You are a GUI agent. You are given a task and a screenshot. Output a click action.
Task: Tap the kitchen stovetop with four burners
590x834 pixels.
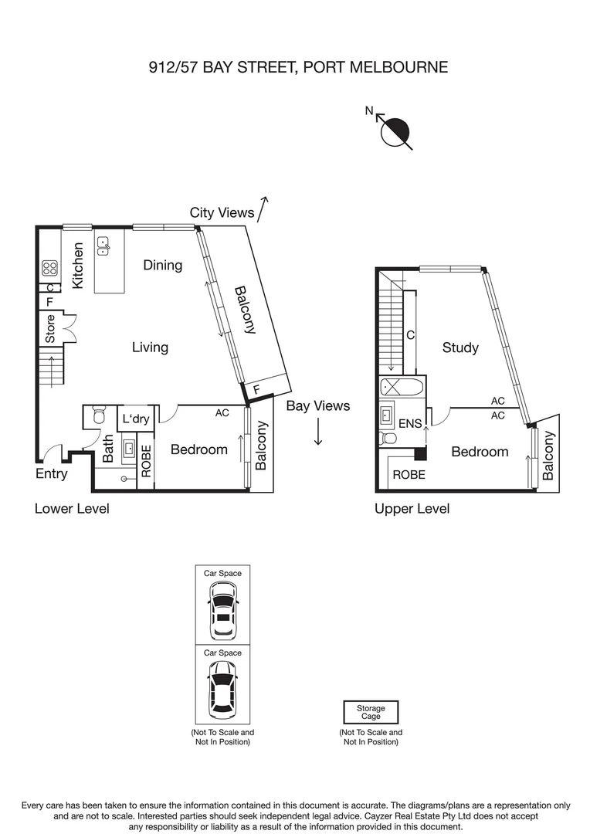(x=49, y=268)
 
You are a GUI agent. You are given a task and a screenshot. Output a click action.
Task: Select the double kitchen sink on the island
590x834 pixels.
(x=103, y=246)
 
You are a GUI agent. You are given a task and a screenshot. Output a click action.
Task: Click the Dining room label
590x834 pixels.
(x=163, y=265)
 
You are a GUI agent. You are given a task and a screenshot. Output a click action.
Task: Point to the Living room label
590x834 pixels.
(x=150, y=347)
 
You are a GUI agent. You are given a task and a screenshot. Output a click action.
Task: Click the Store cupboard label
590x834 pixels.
(x=50, y=329)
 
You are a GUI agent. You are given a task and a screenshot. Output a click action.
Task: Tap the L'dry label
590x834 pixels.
(x=135, y=419)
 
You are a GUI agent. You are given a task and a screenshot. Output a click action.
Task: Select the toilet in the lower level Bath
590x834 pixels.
(x=97, y=416)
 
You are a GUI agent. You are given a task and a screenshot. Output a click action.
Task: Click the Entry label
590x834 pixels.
(x=52, y=474)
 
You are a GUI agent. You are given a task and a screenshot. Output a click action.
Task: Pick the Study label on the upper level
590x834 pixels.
(x=460, y=347)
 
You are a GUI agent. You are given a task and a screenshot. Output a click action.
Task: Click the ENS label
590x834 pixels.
(x=410, y=424)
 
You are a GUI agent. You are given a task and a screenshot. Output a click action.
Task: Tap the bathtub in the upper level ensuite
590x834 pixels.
(x=400, y=388)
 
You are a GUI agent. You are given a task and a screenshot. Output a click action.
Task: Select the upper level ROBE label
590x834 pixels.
(x=409, y=475)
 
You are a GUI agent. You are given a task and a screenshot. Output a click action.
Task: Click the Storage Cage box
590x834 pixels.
(x=371, y=712)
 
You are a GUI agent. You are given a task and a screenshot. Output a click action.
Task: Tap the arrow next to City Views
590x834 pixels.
(x=263, y=208)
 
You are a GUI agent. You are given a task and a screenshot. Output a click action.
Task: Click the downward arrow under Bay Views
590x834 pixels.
(x=318, y=432)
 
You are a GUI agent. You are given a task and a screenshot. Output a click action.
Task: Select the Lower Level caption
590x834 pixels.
(x=72, y=509)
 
